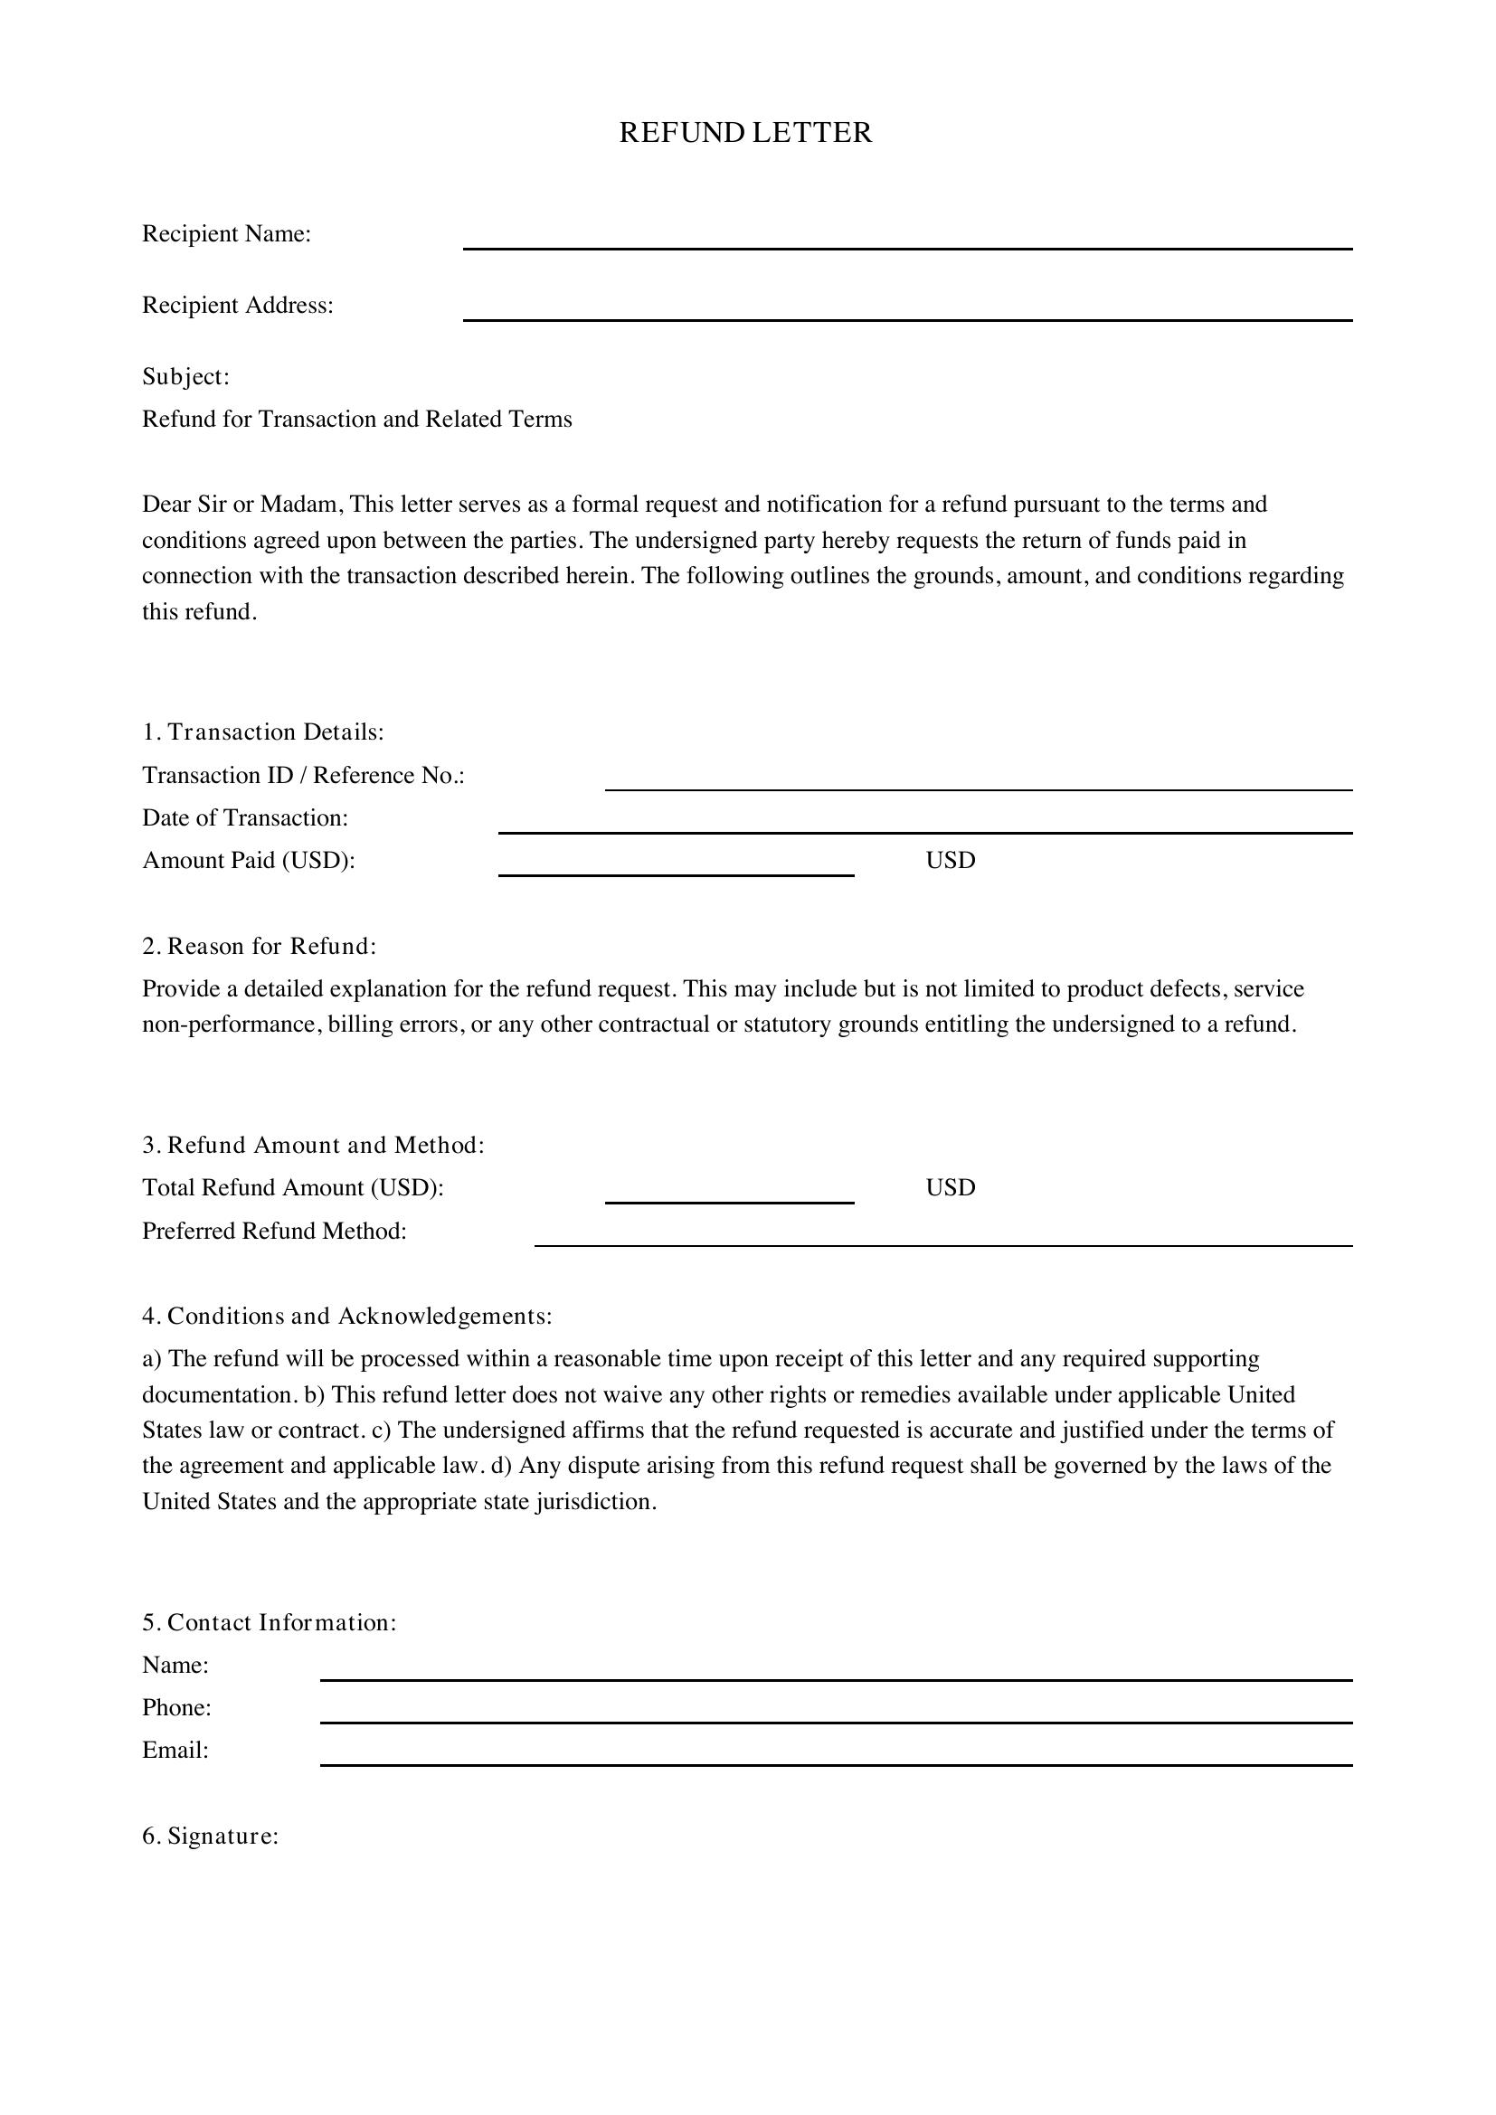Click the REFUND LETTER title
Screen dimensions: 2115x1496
(745, 133)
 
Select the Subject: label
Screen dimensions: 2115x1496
(185, 377)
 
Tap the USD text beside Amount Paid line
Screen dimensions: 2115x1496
(950, 860)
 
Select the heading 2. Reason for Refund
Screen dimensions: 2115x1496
(259, 946)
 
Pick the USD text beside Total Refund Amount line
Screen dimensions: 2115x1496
(950, 1187)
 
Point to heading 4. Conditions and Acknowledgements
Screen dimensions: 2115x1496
(346, 1317)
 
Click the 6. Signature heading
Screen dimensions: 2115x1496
(210, 1836)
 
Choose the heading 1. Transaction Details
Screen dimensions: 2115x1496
(262, 732)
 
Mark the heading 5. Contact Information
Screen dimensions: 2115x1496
(269, 1623)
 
